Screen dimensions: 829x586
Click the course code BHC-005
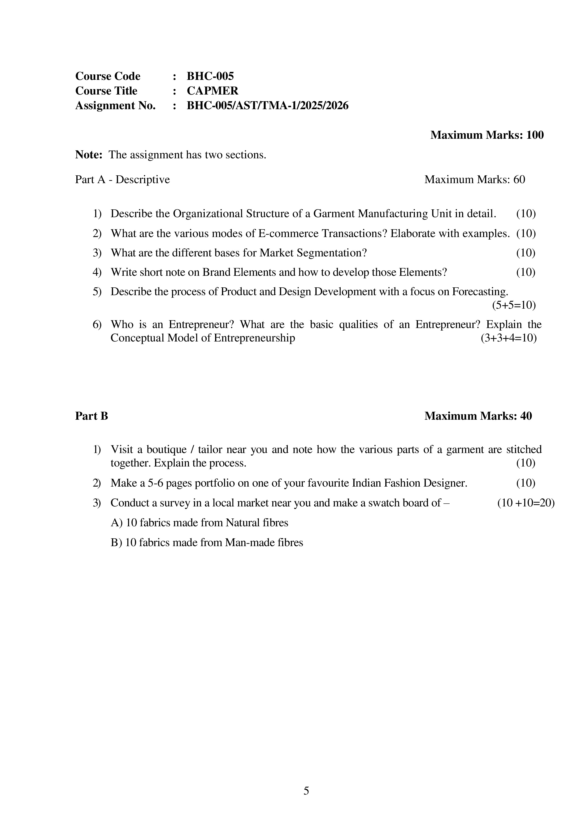coord(210,76)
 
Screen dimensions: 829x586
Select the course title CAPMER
coord(212,91)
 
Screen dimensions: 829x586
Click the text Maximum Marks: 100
coord(487,135)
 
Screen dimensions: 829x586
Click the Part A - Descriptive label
coord(122,179)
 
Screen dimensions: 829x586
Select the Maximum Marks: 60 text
coord(474,179)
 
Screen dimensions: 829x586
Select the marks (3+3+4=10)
coord(508,338)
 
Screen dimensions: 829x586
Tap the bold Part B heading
coord(91,416)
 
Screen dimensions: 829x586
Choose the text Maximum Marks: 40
coord(478,416)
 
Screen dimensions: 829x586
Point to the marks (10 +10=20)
coord(525,503)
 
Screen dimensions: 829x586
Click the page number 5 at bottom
coord(306,791)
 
